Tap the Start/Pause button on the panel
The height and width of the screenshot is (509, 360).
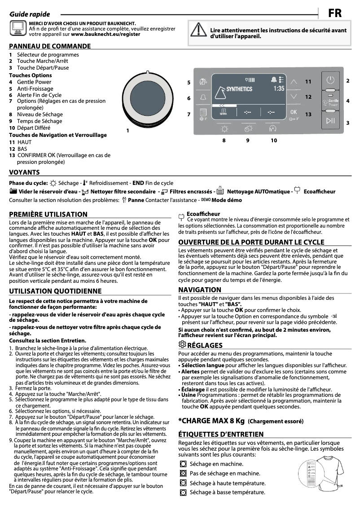coord(330,120)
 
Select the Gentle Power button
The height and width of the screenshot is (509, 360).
coord(330,101)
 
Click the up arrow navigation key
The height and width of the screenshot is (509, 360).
coord(294,82)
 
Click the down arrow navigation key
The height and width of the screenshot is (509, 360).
coord(294,96)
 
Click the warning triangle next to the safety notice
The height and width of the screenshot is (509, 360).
coord(198,30)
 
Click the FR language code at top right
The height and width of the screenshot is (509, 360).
coord(335,13)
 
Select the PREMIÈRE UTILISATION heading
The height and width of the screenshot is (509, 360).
coord(48,215)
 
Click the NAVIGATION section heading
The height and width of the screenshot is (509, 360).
coord(200,290)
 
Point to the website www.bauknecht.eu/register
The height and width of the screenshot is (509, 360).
coord(105,34)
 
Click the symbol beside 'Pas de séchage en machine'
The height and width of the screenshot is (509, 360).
coord(183,474)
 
